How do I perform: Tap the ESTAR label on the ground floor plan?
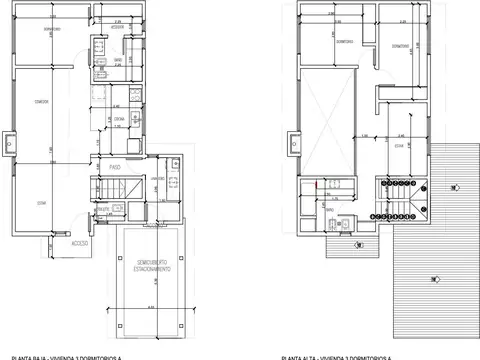(x=42, y=203)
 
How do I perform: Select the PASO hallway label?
(x=115, y=166)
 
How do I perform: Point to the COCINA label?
(x=118, y=119)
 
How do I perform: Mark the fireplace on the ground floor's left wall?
(x=9, y=144)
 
